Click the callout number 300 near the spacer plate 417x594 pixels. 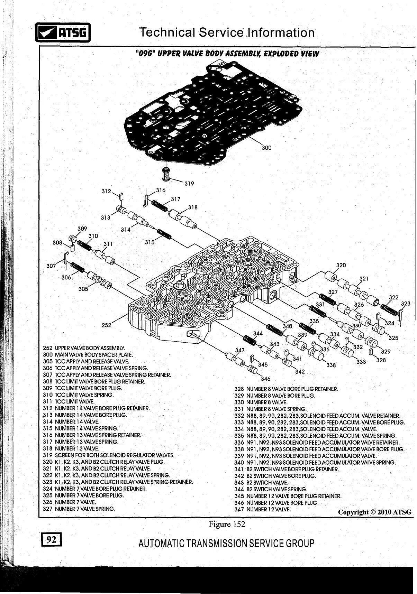coord(266,148)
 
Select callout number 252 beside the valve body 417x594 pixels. coord(107,325)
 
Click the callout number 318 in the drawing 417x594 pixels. coord(193,207)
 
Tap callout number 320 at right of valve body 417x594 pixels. coord(341,265)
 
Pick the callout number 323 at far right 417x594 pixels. coord(405,304)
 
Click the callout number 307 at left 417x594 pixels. coord(51,266)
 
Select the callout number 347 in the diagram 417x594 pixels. coord(240,350)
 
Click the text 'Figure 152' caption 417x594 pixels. coord(227,524)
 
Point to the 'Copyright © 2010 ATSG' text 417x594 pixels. coord(375,512)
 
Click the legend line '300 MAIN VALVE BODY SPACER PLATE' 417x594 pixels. coord(88,355)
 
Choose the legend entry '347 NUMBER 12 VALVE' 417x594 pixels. coord(263,509)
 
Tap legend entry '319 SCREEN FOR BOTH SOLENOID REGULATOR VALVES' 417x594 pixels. coord(108,455)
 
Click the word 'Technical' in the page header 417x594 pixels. coord(167,33)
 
